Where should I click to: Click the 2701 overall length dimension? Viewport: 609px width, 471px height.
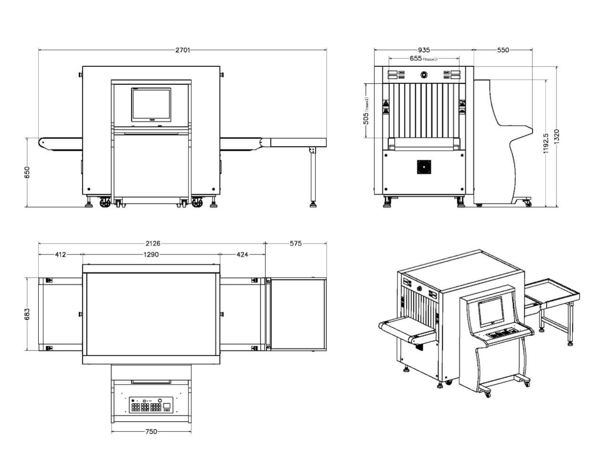(x=183, y=50)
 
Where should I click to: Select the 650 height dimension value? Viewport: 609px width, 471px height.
(x=27, y=172)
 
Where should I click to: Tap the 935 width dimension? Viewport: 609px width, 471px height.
(x=424, y=50)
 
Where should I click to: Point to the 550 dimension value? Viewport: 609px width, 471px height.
(x=503, y=50)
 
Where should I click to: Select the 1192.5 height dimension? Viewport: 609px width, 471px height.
(x=546, y=143)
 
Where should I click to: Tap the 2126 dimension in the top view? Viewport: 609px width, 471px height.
(x=153, y=244)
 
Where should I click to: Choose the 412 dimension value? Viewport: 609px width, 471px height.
(x=60, y=254)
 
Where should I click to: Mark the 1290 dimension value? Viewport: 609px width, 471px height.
(x=151, y=254)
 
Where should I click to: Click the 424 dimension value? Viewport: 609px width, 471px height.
(x=242, y=254)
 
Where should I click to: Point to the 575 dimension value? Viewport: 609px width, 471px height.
(x=295, y=244)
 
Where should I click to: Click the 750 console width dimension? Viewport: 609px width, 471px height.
(x=151, y=431)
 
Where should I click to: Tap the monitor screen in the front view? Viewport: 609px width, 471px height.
(x=151, y=104)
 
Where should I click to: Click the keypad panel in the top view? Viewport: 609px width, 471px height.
(x=151, y=405)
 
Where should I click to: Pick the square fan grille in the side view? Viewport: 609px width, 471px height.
(x=424, y=167)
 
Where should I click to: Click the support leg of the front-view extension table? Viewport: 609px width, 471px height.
(x=313, y=177)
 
